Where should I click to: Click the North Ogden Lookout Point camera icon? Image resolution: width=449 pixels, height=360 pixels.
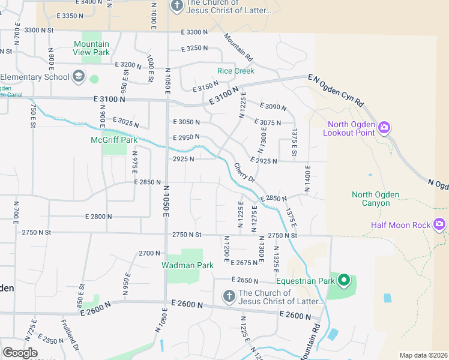click(384, 128)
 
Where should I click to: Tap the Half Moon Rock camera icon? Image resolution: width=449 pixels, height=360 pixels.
click(439, 224)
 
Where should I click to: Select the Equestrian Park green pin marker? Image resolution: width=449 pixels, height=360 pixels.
click(344, 280)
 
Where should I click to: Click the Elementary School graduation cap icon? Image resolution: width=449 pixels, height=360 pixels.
click(79, 76)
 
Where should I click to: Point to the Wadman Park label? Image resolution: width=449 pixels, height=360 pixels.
click(187, 265)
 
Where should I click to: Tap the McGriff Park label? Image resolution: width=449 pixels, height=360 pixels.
click(114, 140)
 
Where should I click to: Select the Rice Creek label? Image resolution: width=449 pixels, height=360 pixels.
click(236, 71)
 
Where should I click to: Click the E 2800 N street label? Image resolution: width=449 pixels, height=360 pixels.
click(98, 216)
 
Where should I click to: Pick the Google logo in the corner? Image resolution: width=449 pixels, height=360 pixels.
click(19, 353)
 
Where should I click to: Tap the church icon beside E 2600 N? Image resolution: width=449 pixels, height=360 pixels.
click(228, 296)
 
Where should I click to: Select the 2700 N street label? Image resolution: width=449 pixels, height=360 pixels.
click(149, 253)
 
